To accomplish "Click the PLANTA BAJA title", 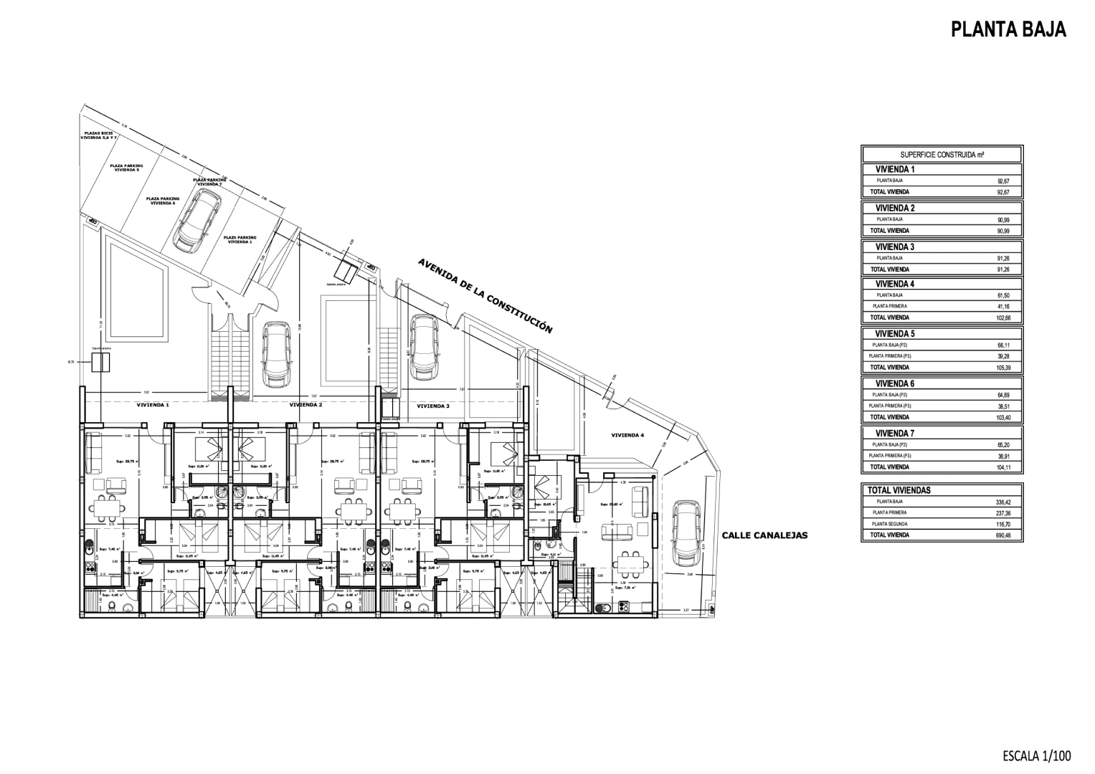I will (x=1008, y=29).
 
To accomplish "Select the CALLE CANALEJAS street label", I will (x=764, y=535).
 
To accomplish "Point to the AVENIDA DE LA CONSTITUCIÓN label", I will (x=485, y=296).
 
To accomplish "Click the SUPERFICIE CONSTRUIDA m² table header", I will (x=942, y=155).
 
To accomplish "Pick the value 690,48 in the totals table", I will (x=1002, y=535).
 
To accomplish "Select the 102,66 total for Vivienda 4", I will (x=1002, y=317).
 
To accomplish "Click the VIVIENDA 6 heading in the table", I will (x=895, y=383).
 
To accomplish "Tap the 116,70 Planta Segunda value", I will (x=1002, y=525).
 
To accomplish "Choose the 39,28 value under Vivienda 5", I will (x=1002, y=356).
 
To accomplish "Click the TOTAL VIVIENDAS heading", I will (x=899, y=490).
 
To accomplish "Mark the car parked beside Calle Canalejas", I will (x=686, y=532).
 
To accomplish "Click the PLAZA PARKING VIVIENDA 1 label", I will (x=240, y=239).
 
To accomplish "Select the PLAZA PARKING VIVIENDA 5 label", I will (x=126, y=168).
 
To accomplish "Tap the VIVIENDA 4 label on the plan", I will (x=627, y=435).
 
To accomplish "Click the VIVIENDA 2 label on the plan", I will (x=305, y=405).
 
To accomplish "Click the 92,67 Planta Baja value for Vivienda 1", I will (x=1002, y=182).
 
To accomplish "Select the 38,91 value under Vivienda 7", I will (x=1002, y=456).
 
